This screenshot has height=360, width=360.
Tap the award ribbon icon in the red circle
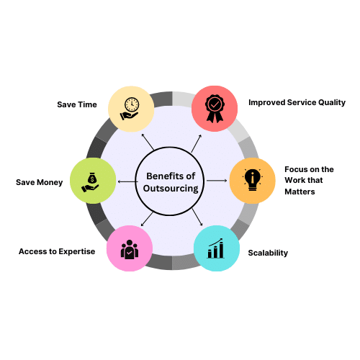[215, 109]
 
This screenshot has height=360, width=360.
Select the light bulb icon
[252, 180]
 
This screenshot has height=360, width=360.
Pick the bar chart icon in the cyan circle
[216, 248]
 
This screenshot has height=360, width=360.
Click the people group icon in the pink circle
[130, 249]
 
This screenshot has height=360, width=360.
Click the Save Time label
[77, 104]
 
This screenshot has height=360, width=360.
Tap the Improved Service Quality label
[297, 102]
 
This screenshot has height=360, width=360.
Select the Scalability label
[268, 253]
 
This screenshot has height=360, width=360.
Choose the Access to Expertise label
[57, 251]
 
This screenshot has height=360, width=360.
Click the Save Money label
[40, 182]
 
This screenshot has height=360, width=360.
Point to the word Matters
[300, 192]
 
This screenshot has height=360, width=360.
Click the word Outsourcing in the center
[171, 189]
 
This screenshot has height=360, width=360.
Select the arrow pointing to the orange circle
[217, 180]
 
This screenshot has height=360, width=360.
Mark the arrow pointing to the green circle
[127, 181]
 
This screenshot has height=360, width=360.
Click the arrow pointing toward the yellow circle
[148, 142]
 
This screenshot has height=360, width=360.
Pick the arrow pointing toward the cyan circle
[197, 217]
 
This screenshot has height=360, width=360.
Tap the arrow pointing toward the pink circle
[147, 219]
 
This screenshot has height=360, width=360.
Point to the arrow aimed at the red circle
[197, 143]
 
